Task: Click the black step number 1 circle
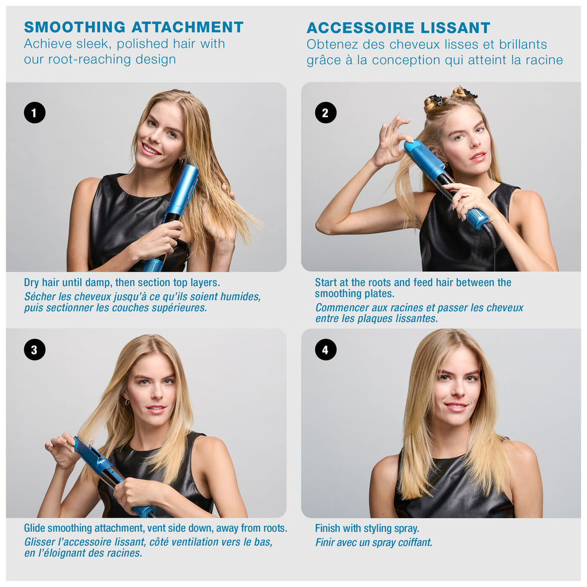[34, 112]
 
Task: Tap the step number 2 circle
[326, 112]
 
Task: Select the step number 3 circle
[34, 350]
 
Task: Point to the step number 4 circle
[326, 350]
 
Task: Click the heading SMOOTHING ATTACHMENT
[134, 27]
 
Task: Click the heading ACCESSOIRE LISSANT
[398, 28]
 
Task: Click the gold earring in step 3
[127, 402]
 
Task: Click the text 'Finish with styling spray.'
[367, 528]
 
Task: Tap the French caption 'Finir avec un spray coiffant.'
[373, 542]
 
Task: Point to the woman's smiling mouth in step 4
[456, 406]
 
